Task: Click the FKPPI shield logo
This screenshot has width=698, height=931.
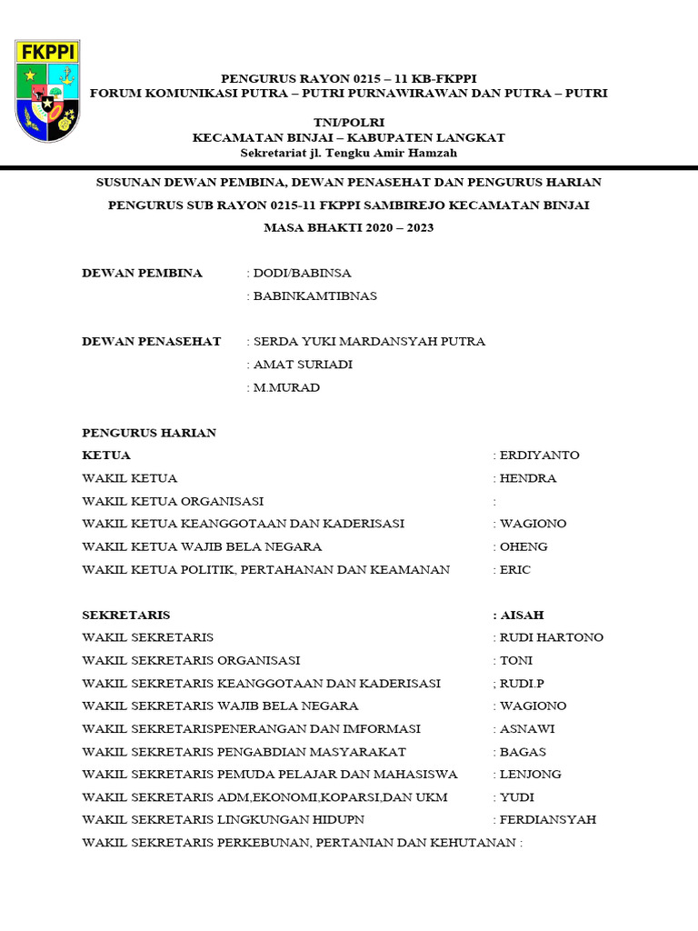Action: point(47,90)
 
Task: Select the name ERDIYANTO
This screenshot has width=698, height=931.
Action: point(539,455)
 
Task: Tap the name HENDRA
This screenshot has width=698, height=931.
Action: point(528,478)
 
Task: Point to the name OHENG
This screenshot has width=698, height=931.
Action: point(523,546)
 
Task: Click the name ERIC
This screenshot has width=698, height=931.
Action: point(515,570)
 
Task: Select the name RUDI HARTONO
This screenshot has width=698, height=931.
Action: point(552,637)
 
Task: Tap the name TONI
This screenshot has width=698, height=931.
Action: point(516,660)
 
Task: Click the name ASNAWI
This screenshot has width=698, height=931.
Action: point(527,729)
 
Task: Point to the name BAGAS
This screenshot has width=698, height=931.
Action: point(523,752)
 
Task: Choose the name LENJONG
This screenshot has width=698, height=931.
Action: point(531,775)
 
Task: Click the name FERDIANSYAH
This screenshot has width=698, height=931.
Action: point(548,819)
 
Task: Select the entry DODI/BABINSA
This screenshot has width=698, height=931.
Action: point(303,273)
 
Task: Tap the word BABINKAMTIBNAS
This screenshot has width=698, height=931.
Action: point(315,295)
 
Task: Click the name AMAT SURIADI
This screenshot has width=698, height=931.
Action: point(304,365)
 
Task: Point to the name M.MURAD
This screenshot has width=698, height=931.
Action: point(287,387)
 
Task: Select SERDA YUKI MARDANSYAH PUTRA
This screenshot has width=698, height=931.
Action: point(369,342)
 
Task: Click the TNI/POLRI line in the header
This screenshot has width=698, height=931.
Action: point(349,122)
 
